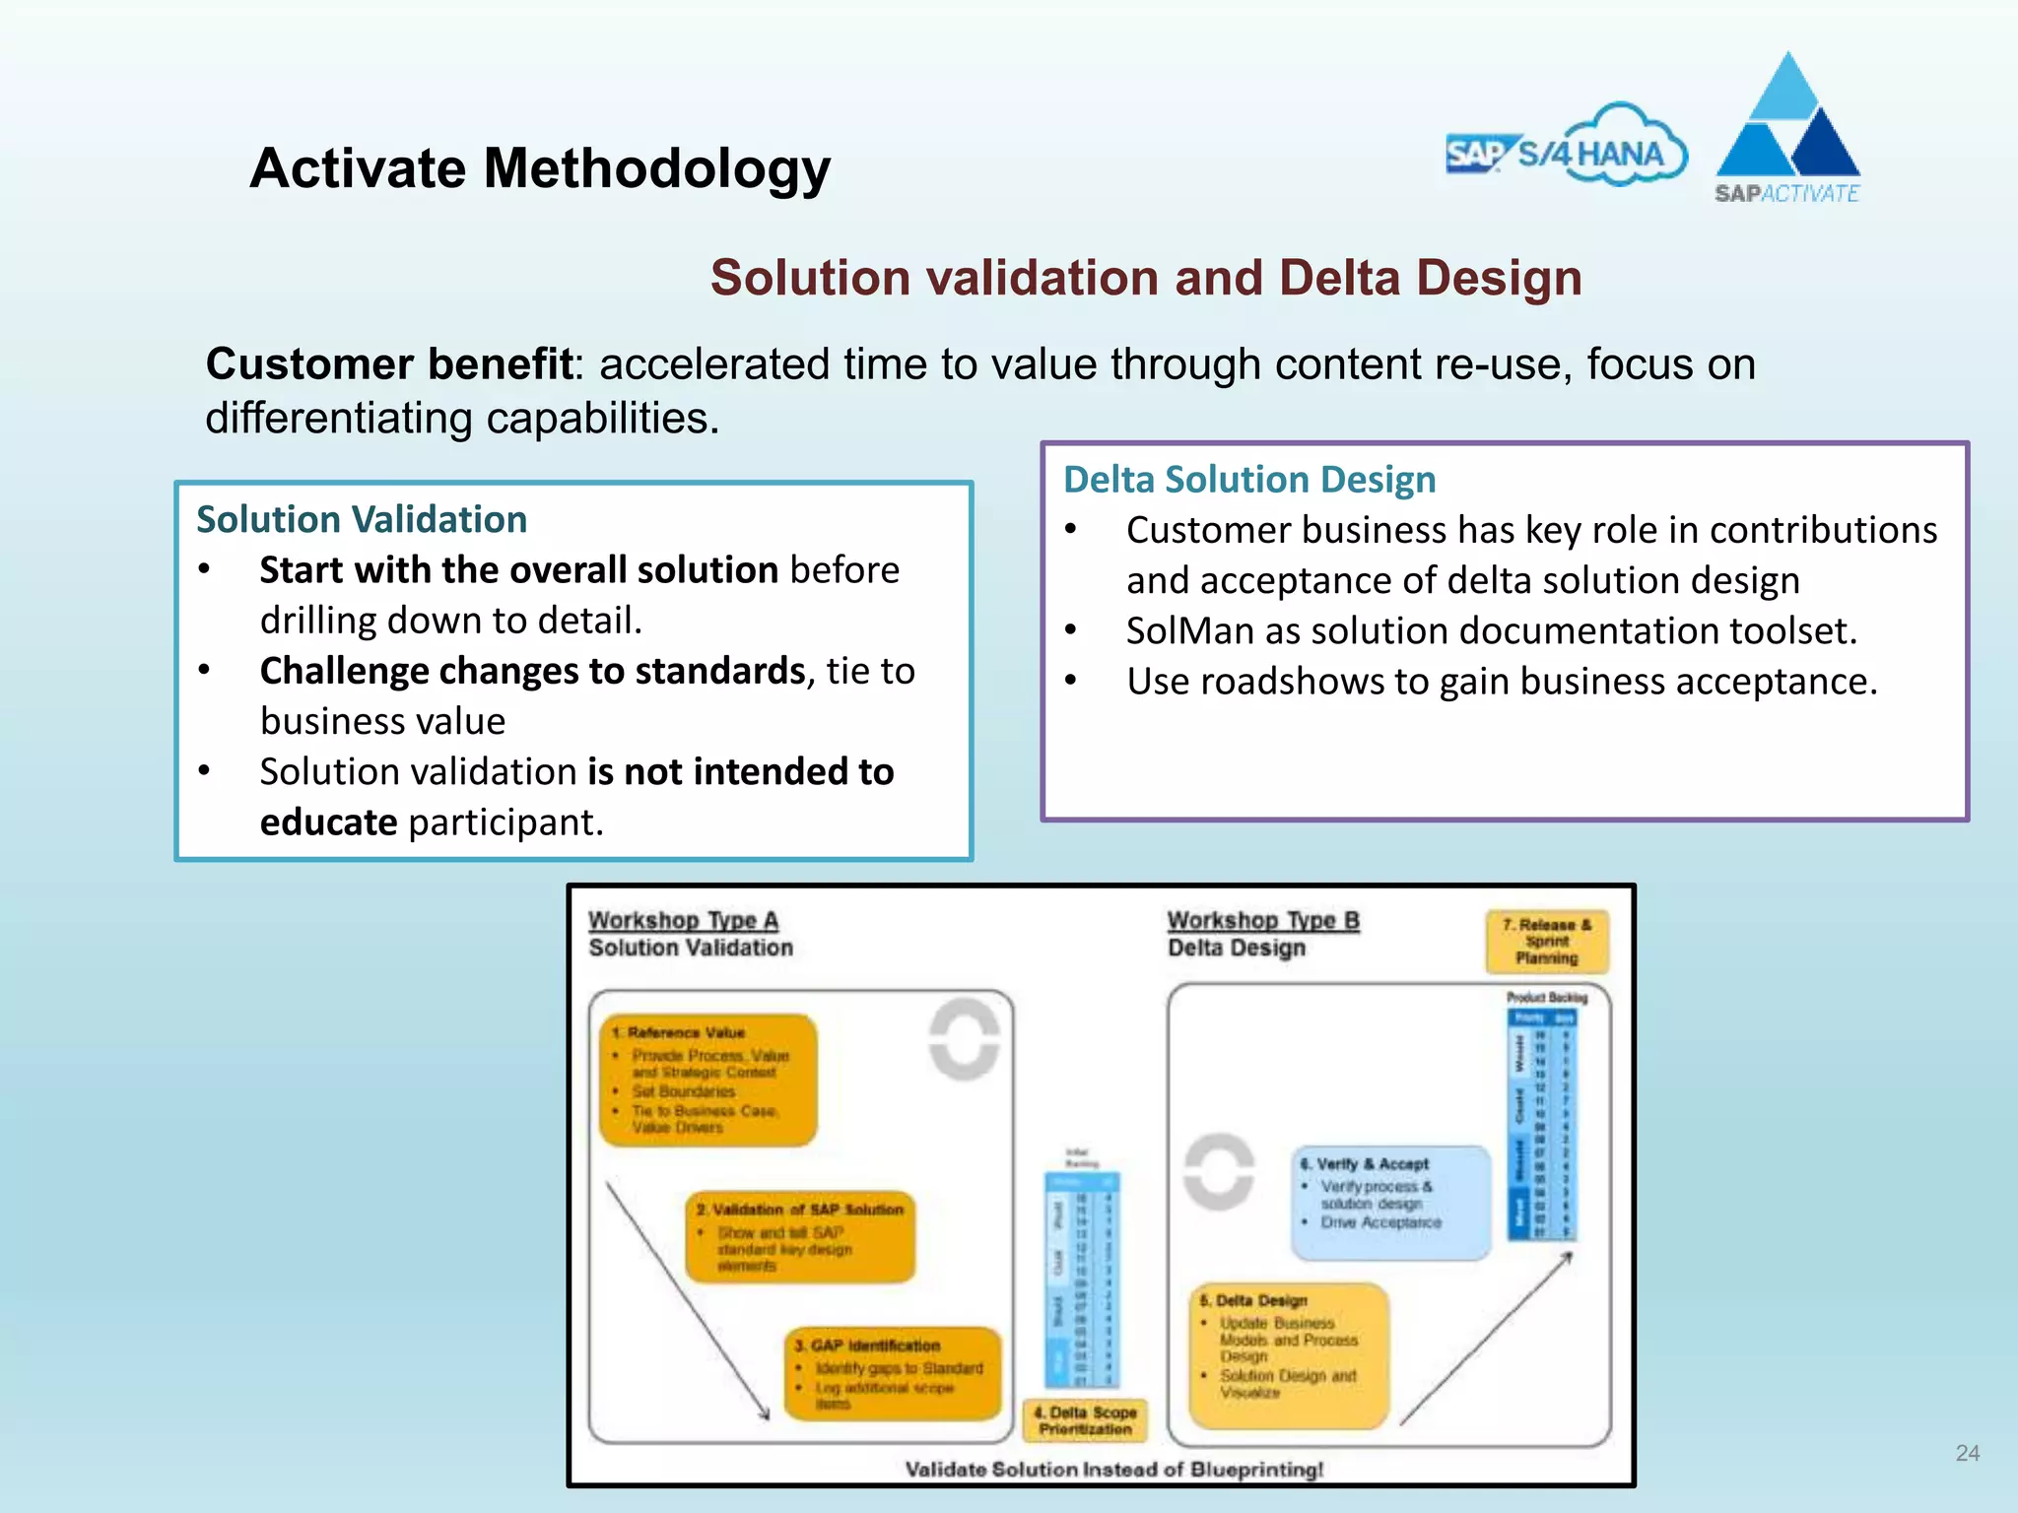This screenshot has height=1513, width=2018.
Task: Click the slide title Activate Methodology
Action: click(540, 168)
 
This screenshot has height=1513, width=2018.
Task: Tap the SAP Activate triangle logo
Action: click(1787, 128)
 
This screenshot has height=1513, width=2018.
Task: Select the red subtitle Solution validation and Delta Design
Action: click(1146, 278)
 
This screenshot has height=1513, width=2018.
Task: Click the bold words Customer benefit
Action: click(389, 364)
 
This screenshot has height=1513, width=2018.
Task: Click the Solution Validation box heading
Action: click(362, 519)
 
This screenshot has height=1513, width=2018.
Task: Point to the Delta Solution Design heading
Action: click(1249, 480)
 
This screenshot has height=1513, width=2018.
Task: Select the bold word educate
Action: click(328, 822)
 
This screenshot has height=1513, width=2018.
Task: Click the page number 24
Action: click(1967, 1453)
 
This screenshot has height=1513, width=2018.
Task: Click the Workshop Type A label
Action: click(683, 920)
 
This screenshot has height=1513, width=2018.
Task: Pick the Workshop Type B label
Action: click(1263, 920)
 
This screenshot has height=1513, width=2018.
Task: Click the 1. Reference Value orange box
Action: click(708, 1081)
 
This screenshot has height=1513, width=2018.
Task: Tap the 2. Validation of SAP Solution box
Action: click(800, 1237)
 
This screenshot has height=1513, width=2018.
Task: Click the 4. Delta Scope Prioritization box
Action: click(1085, 1420)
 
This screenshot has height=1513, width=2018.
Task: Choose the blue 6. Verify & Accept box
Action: click(1390, 1202)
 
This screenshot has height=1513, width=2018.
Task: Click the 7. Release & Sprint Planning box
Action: click(1546, 942)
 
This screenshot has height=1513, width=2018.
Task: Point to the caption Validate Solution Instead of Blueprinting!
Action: click(1113, 1470)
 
